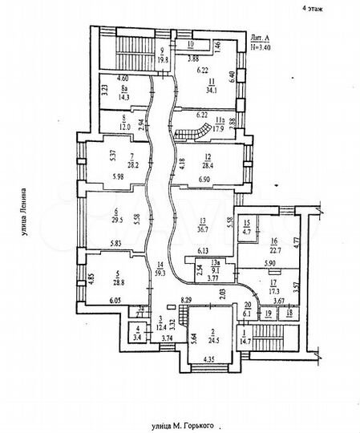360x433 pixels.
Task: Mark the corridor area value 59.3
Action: tap(164, 273)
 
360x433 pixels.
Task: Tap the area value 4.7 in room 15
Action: tap(248, 231)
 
